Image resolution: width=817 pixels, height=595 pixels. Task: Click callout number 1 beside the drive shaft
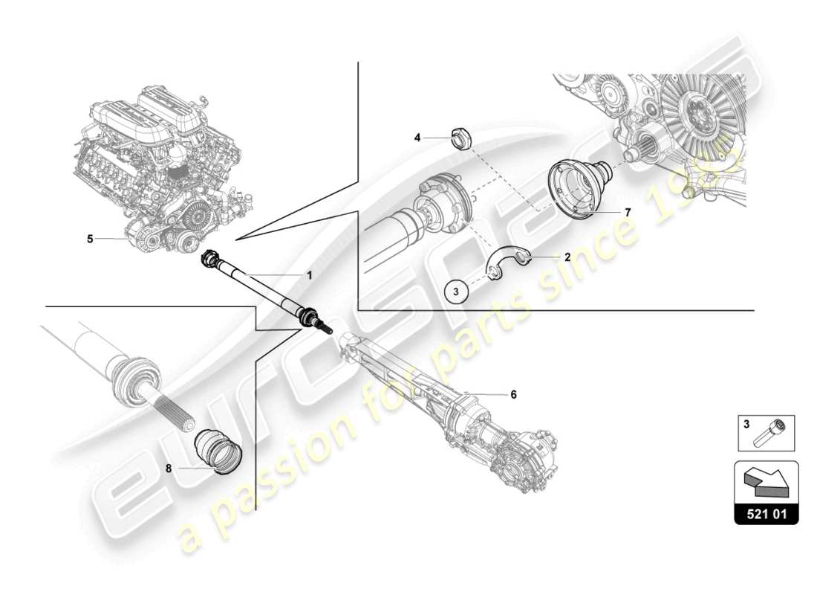(x=309, y=275)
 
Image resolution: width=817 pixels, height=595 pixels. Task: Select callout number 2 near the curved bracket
(x=567, y=257)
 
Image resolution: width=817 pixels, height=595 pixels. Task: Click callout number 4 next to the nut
(x=417, y=138)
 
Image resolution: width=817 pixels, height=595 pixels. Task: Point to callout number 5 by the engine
(x=90, y=239)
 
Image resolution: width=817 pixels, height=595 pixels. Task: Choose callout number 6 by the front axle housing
(x=512, y=394)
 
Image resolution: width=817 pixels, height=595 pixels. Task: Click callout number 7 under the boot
(x=628, y=213)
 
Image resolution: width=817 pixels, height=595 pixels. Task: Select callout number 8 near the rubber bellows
(x=169, y=469)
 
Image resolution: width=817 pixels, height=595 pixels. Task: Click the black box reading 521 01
(x=766, y=514)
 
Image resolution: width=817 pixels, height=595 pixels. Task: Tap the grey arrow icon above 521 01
(x=766, y=481)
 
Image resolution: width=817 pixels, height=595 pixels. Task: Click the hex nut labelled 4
(x=460, y=138)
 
